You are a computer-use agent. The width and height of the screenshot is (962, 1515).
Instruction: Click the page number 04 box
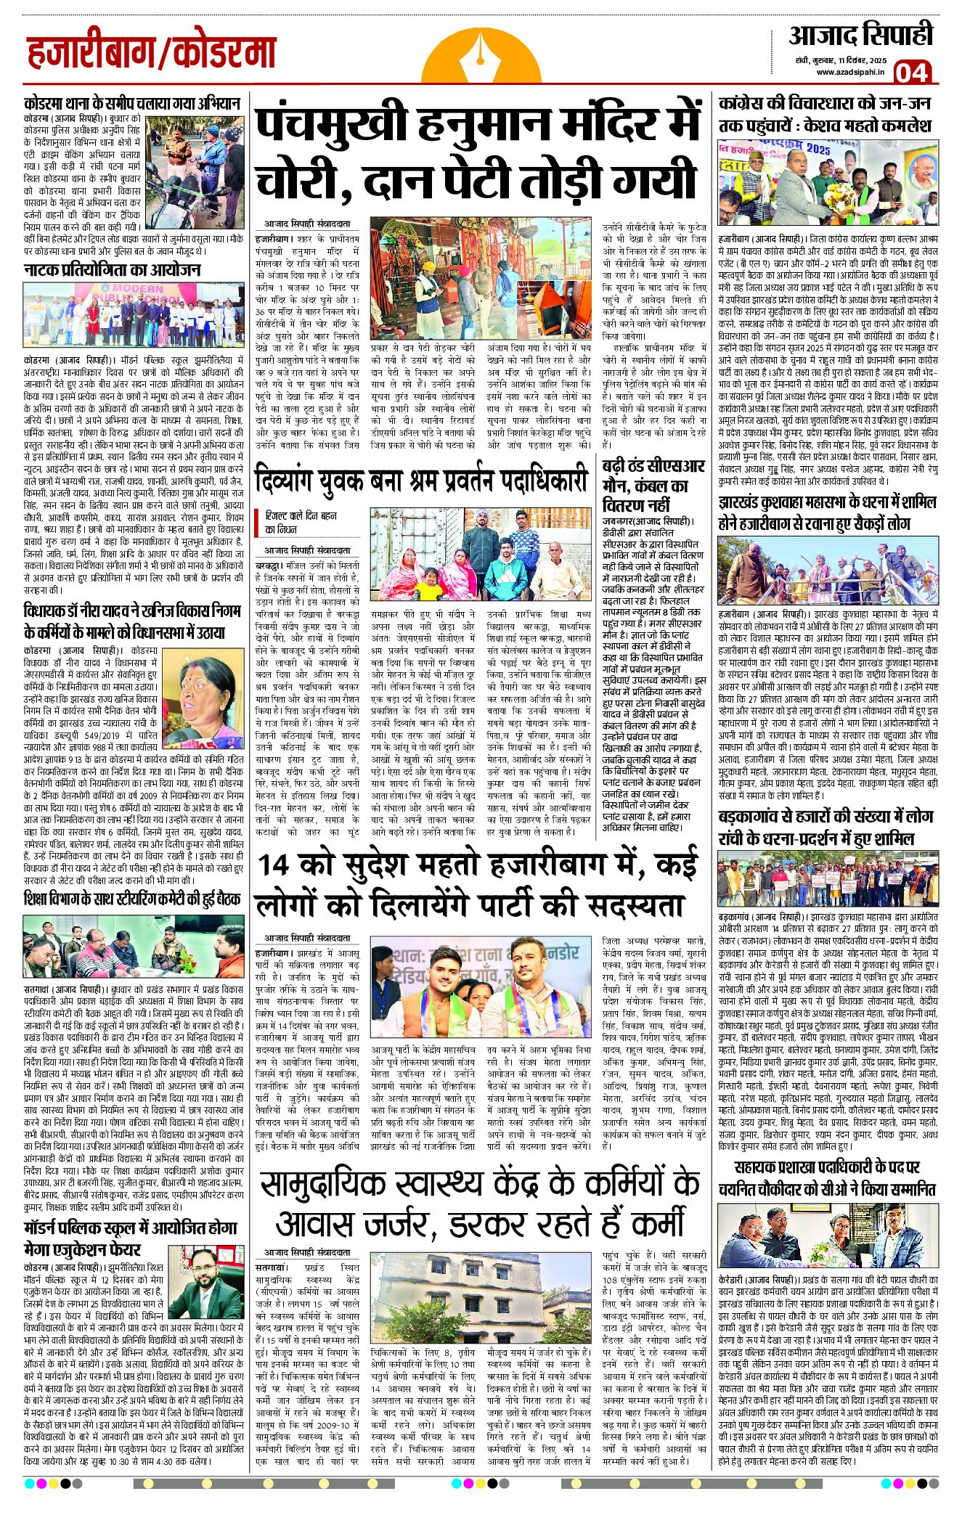pos(912,72)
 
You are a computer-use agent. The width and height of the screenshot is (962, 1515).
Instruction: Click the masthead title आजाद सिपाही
pos(860,35)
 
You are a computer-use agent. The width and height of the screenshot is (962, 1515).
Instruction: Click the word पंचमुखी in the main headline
pos(330,124)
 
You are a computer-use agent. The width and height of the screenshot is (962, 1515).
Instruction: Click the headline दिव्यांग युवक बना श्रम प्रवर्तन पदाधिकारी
pos(421,481)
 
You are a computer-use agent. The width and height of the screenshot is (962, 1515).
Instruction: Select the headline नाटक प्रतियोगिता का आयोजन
pos(112,270)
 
